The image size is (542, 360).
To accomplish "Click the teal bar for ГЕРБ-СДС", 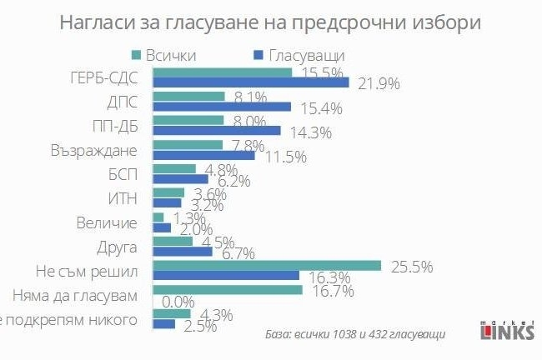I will point(221,72).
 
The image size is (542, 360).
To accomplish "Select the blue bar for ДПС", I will point(221,107).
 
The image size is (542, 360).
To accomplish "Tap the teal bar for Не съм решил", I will point(266,265).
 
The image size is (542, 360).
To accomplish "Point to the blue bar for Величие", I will point(162,227).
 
